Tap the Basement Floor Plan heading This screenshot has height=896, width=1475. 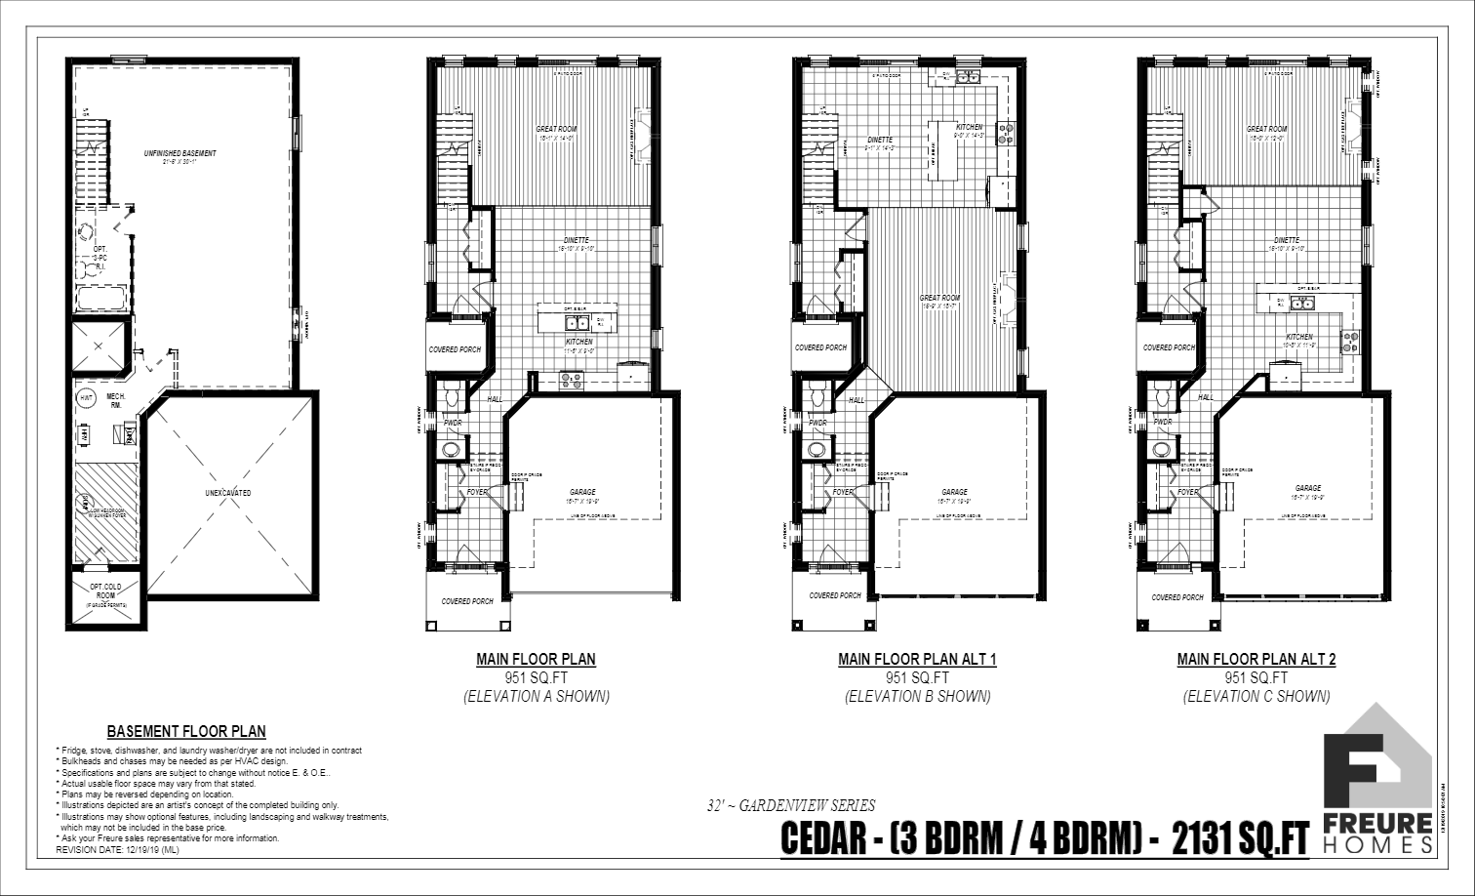click(x=185, y=731)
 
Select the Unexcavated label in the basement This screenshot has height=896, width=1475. click(x=228, y=493)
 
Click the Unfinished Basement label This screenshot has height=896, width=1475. click(x=180, y=153)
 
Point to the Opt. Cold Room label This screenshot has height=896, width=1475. click(x=103, y=591)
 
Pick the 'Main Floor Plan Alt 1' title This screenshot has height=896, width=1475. click(x=917, y=659)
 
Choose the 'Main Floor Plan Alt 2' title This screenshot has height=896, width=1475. click(x=1256, y=659)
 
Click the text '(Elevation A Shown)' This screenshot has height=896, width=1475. click(x=536, y=696)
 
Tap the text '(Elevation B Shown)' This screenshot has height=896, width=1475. click(x=917, y=696)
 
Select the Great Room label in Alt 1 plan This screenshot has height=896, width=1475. click(x=939, y=298)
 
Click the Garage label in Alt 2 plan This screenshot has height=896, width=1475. click(x=1308, y=488)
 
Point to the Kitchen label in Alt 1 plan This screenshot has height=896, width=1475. click(x=969, y=128)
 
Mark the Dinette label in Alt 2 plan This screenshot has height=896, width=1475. click(x=1286, y=240)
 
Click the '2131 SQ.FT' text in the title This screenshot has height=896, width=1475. click(x=1240, y=839)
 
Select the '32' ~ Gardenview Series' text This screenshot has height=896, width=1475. click(x=791, y=805)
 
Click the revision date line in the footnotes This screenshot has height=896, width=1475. click(x=117, y=850)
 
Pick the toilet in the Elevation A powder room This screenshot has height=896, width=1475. click(x=453, y=394)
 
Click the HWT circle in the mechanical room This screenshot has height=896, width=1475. click(x=87, y=397)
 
